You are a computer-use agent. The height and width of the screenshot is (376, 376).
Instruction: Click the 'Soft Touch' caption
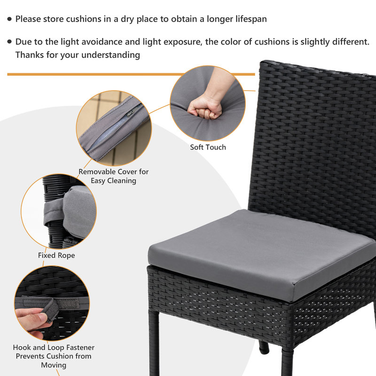(x=208, y=147)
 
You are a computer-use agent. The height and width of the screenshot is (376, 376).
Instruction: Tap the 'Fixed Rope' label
(x=56, y=255)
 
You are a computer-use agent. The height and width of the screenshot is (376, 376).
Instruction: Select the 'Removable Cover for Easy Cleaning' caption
(x=113, y=176)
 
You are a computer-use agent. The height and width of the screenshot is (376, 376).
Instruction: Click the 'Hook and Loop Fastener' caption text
(x=54, y=347)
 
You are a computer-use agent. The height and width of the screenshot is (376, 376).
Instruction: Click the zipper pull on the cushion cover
(x=130, y=114)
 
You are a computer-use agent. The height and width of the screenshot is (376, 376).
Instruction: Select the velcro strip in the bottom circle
(x=67, y=303)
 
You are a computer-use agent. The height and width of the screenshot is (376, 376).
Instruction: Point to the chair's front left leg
(x=154, y=343)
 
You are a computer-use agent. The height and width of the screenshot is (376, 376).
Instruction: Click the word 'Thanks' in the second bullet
(x=30, y=55)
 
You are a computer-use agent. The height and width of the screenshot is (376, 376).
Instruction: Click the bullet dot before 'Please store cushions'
(x=9, y=19)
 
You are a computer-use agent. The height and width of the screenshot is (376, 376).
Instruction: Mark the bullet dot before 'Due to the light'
(x=9, y=42)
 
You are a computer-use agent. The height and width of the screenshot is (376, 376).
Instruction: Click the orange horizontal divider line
(x=131, y=74)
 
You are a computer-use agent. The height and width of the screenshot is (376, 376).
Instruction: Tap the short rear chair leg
(x=264, y=347)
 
